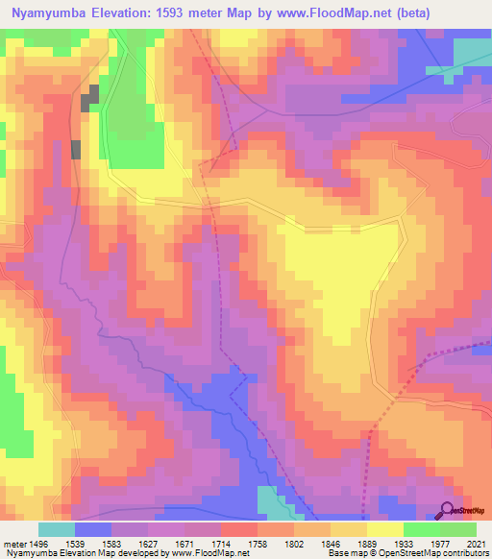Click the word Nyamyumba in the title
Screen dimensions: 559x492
45,12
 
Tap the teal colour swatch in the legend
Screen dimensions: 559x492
57,529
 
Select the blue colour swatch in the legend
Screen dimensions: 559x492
93,529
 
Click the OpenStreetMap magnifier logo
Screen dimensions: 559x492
447,511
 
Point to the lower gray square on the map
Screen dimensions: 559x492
76,149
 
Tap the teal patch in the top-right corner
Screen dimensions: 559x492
470,52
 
